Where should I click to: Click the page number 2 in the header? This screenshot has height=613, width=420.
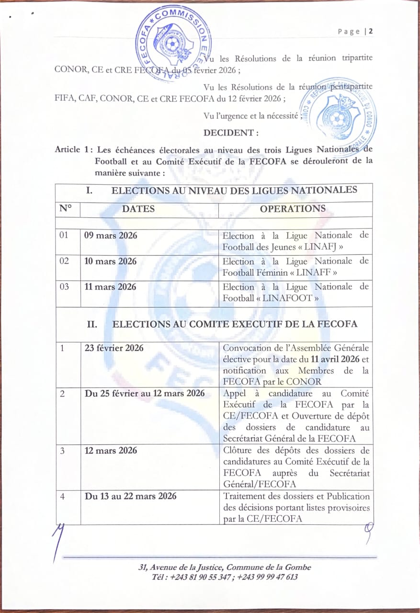tap(371, 32)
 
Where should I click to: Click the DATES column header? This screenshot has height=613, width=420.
tap(138, 209)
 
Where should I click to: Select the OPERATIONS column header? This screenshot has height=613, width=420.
tap(293, 209)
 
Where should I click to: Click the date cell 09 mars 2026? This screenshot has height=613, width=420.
tap(111, 236)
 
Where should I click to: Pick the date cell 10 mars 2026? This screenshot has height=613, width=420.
tap(111, 261)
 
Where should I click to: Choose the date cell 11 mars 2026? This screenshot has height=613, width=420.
tap(110, 287)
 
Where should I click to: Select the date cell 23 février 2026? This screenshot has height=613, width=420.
tap(114, 348)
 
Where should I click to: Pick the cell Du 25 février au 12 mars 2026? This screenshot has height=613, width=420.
tap(145, 393)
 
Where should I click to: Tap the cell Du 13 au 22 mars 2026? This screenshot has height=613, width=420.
tap(130, 496)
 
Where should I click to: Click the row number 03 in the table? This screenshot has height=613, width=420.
tap(64, 287)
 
